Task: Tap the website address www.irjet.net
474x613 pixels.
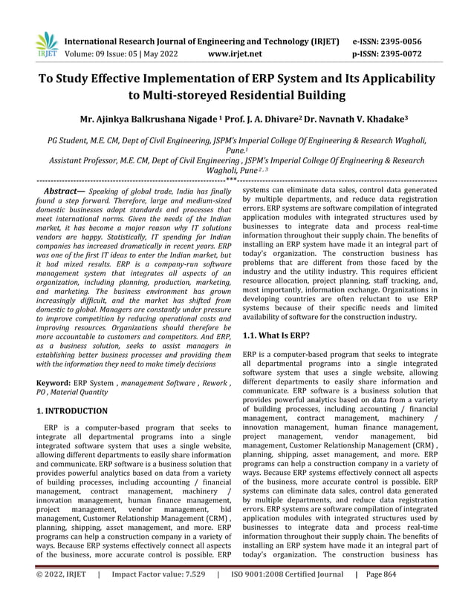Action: coord(236,54)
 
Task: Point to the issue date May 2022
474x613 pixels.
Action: coord(155,54)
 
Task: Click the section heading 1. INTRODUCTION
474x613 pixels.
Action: coord(72,410)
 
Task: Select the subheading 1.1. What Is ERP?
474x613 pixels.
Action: coord(276,336)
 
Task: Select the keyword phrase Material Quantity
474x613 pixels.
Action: coord(85,393)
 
